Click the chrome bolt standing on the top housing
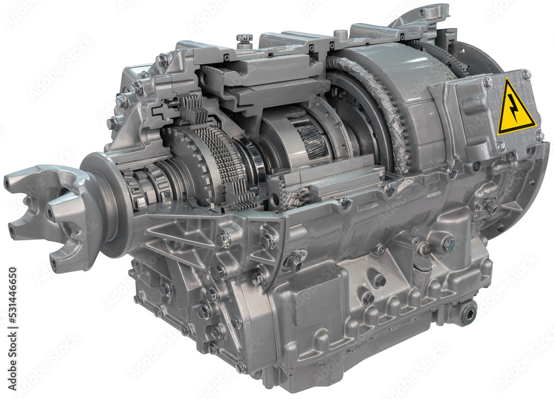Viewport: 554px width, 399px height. tap(244, 40)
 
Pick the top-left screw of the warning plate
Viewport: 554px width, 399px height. tap(488, 82)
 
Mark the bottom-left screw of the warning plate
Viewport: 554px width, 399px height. tap(501, 146)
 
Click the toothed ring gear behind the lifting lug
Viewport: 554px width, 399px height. tap(443, 55)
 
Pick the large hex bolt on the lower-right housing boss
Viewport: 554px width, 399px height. tap(447, 244)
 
